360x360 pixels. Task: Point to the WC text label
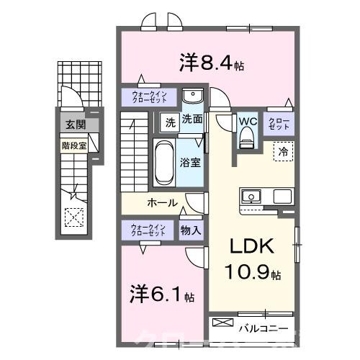click(248, 120)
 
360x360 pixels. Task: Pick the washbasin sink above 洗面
click(192, 97)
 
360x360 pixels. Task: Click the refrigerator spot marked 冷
click(283, 152)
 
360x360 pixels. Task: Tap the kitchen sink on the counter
click(253, 196)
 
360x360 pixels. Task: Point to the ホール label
click(162, 203)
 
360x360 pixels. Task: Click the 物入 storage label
click(191, 231)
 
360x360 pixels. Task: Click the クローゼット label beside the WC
click(279, 123)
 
